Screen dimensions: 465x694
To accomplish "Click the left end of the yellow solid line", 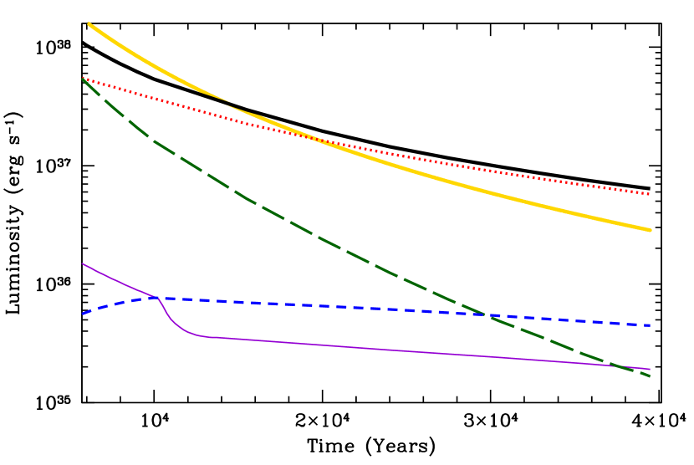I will click(89, 24).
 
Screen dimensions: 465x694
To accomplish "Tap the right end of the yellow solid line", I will click(650, 229).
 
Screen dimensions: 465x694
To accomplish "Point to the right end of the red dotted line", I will click(650, 194).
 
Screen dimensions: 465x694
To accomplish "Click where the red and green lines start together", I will click(82, 79).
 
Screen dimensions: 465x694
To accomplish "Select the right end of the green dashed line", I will click(650, 376).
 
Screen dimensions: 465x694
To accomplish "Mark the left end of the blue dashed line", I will click(82, 314).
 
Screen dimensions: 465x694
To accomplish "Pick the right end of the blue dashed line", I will click(650, 325).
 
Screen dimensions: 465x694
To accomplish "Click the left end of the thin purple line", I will click(82, 263).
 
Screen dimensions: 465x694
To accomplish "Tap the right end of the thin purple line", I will click(650, 369).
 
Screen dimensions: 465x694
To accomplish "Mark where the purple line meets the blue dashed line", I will click(156, 298).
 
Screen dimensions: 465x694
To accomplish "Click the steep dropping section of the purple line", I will click(167, 315).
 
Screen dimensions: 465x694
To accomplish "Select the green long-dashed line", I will click(334, 243).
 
